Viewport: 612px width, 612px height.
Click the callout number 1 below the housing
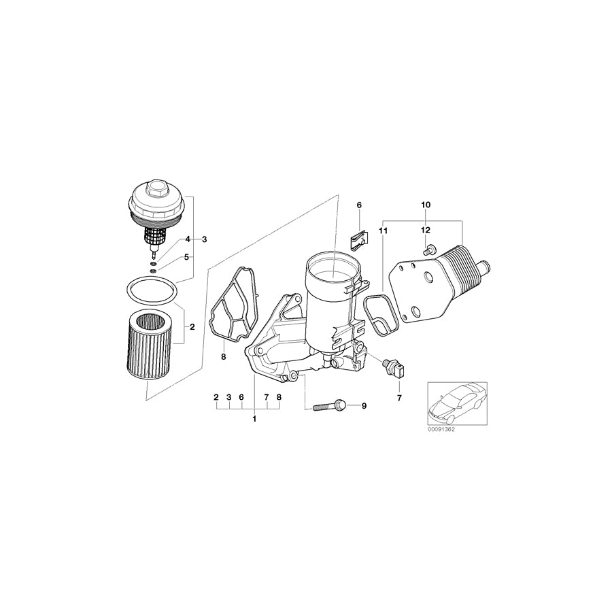click(254, 419)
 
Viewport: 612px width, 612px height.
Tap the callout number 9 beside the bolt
click(364, 406)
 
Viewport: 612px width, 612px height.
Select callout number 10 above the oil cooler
click(426, 205)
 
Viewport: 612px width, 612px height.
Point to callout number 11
click(383, 231)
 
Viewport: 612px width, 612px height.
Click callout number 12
click(426, 231)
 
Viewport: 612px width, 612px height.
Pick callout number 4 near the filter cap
click(187, 239)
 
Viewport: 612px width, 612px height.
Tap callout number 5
click(187, 258)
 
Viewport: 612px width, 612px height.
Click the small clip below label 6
click(358, 239)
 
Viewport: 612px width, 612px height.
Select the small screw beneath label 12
click(427, 252)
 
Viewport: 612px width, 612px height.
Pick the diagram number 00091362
click(441, 430)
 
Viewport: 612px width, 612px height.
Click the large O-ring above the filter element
click(153, 292)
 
